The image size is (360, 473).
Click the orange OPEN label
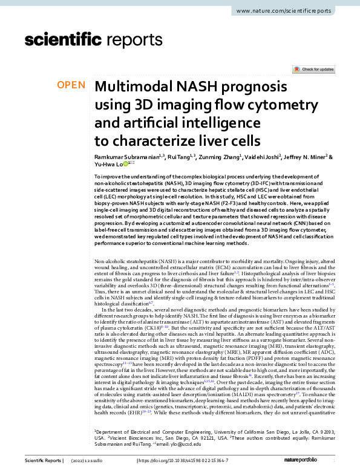71,85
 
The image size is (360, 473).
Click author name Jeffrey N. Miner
307,156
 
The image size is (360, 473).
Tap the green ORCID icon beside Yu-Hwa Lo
126,163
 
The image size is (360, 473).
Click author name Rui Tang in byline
179,156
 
